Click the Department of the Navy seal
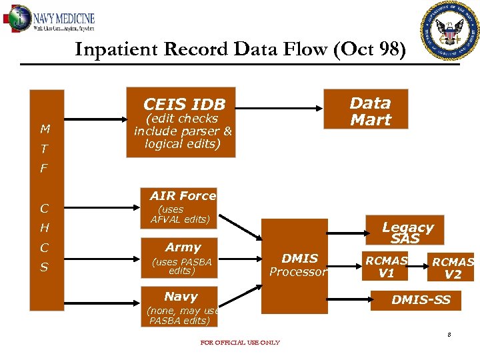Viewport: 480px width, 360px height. [450, 31]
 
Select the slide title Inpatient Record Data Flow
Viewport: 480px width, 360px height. [239, 50]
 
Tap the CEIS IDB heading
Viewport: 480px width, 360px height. [184, 105]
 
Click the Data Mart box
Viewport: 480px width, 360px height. [370, 111]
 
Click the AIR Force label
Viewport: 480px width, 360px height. [183, 196]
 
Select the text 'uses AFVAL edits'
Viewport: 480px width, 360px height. [180, 215]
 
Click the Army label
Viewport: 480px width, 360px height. [183, 247]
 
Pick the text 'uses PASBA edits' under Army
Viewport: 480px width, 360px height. [181, 267]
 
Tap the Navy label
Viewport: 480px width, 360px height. [181, 297]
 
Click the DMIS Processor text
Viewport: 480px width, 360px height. [299, 265]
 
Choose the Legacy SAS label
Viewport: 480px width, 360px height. [407, 233]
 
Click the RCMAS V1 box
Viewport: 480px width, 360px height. [386, 267]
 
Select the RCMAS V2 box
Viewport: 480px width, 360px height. [452, 268]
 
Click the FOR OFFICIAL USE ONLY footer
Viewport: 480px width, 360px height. [240, 343]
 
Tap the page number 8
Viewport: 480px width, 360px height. [449, 334]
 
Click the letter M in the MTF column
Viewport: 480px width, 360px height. [45, 129]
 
